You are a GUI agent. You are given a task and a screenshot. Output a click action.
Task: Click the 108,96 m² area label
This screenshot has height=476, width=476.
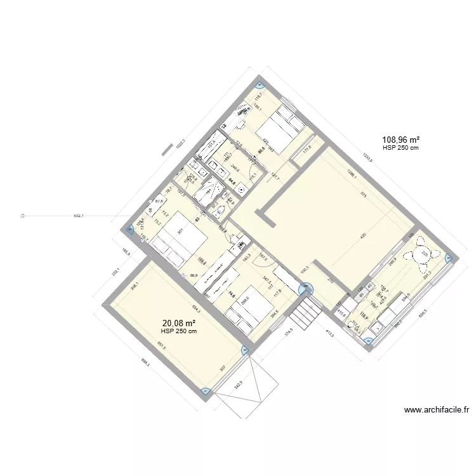point(400,140)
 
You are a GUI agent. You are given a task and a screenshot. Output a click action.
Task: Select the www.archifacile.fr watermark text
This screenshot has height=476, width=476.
point(436,410)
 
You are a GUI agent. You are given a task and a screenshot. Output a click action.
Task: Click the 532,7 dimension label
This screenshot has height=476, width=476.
point(79,216)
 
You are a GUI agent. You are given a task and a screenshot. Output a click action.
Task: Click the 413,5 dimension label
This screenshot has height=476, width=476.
point(329,335)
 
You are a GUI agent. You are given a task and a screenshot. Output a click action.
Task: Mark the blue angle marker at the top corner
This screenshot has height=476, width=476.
point(258,86)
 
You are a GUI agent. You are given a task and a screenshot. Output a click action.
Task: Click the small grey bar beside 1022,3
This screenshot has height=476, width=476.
point(167,150)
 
